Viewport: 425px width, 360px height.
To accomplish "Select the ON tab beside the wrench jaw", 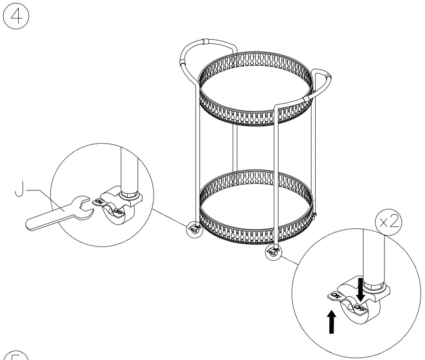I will point(99,201).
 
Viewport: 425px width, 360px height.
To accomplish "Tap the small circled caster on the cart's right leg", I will point(273,252).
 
